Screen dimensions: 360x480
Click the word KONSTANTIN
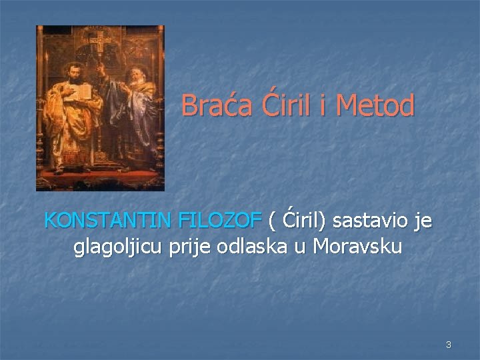(x=109, y=219)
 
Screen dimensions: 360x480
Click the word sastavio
(x=368, y=219)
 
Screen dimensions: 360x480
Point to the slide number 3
(x=449, y=345)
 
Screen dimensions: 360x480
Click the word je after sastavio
(x=423, y=219)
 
